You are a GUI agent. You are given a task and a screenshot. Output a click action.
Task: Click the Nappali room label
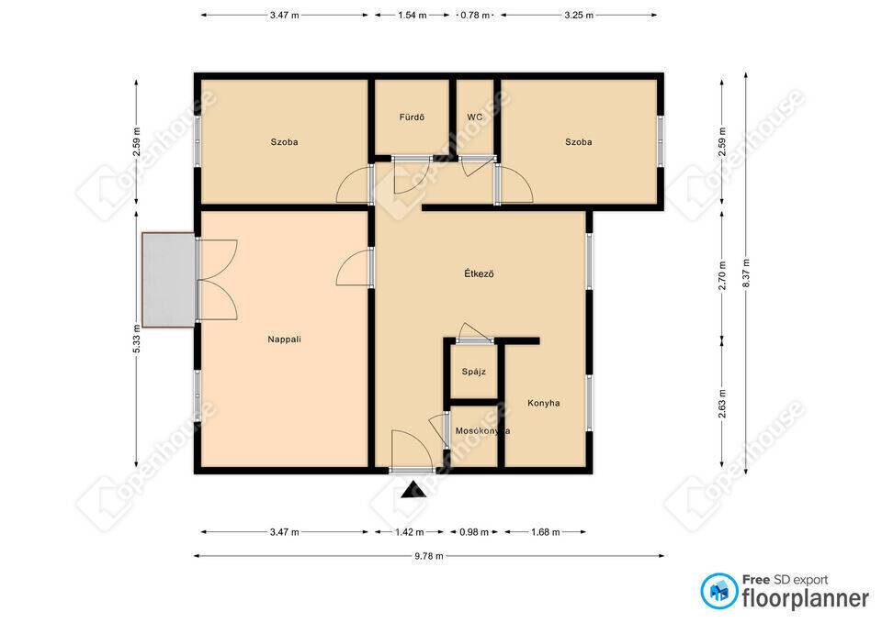pos(284,339)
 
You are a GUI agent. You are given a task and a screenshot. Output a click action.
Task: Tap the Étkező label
pos(479,273)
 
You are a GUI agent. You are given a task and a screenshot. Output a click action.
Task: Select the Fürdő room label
pos(412,117)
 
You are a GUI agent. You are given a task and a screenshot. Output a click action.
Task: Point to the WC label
pos(475,117)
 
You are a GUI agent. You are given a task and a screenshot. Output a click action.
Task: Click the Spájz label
pos(474,372)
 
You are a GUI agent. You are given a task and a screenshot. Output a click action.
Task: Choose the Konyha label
pos(543,403)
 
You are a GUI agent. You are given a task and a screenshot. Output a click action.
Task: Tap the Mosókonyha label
pos(482,431)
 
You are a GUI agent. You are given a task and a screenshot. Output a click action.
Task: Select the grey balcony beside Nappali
pos(169,279)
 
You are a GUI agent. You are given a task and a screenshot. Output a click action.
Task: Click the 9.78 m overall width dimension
pos(429,556)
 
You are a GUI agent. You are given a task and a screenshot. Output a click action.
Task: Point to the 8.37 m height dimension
pos(746,273)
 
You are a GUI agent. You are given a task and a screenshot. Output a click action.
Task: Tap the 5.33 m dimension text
pos(137,339)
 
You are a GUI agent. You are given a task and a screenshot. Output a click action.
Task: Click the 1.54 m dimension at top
pos(413,16)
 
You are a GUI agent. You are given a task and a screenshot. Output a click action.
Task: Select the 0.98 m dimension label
pos(474,532)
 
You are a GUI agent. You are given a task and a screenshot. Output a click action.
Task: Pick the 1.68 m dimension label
pos(545,532)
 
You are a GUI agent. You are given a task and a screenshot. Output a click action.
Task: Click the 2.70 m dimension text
pos(722,275)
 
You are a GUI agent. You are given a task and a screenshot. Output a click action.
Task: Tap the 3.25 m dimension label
pos(579,16)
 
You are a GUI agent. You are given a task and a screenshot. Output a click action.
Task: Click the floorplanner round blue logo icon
pos(718,591)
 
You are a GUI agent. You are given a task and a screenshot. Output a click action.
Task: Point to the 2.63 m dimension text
pos(722,404)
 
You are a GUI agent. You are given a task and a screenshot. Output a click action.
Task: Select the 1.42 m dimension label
pos(410,532)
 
